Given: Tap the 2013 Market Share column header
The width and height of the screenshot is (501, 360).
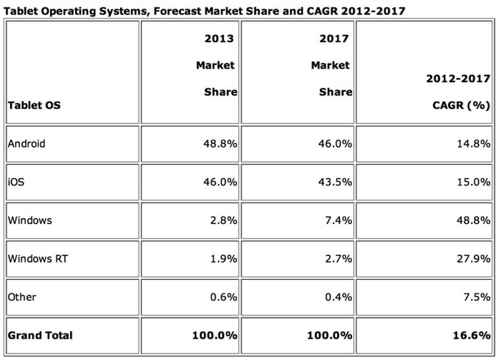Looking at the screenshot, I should (216, 65).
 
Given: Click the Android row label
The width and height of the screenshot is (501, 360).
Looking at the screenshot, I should (27, 143).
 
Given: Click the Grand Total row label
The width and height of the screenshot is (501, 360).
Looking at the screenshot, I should (40, 336).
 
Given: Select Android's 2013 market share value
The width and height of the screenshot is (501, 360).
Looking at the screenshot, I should (218, 143).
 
